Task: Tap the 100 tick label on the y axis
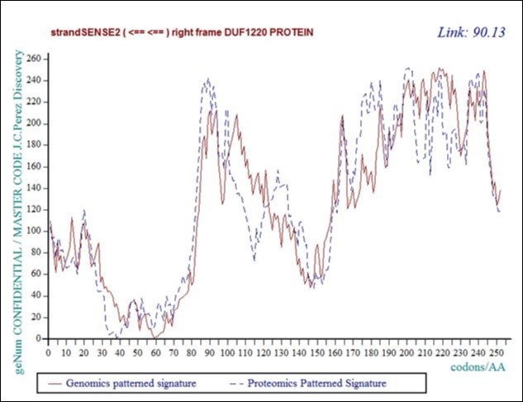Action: (33, 231)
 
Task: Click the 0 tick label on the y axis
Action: (38, 338)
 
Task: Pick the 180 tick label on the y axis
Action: (33, 145)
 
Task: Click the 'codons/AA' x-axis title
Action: (479, 365)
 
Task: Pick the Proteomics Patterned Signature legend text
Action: (319, 383)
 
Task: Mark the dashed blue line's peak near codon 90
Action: (207, 79)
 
